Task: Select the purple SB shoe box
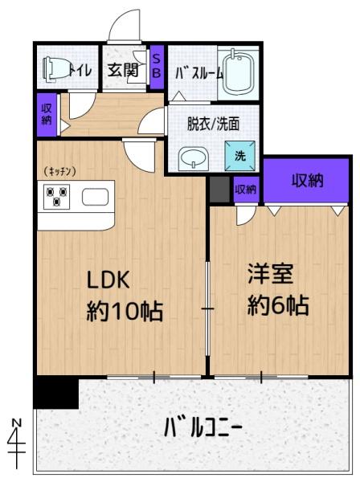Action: coord(157,64)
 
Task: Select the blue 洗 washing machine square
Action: coord(240,154)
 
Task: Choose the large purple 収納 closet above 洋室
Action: coord(307,180)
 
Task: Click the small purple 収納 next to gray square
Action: coord(245,190)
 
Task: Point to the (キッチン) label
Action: coord(60,170)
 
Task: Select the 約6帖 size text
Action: coord(279,306)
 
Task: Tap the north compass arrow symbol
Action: coord(18,439)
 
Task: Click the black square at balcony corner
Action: coord(56,393)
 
